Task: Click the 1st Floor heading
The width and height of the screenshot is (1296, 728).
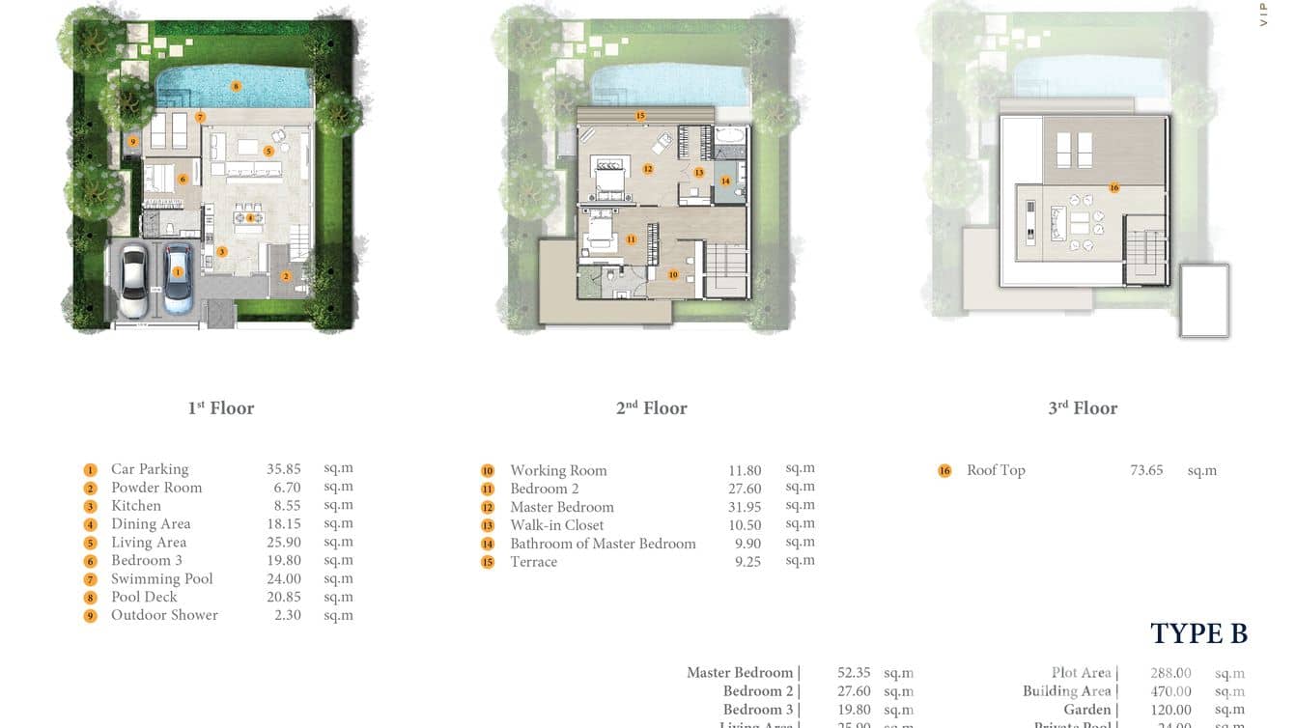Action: point(221,408)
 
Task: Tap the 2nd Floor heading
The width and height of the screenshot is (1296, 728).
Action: point(652,408)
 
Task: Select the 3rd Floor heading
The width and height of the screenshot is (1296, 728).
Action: point(1083,408)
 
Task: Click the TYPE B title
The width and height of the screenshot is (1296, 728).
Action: point(1198,633)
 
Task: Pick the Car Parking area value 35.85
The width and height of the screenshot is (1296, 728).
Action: point(284,469)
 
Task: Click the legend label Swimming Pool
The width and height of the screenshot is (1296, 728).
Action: point(161,578)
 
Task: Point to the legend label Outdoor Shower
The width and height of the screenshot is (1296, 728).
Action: point(164,615)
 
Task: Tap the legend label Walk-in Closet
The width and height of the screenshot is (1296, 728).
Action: point(557,525)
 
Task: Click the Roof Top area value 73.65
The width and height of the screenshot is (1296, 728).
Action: point(1146,470)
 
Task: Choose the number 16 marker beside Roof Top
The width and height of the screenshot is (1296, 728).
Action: point(944,471)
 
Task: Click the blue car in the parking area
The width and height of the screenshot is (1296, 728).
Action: point(178,276)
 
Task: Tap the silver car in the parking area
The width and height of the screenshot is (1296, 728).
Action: point(133,280)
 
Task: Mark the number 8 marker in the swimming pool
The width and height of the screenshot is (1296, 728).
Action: point(236,86)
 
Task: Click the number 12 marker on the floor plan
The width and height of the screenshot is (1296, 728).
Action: point(648,169)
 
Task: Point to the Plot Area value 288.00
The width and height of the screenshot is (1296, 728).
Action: point(1170,673)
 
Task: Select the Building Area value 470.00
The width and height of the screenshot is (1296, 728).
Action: point(1170,691)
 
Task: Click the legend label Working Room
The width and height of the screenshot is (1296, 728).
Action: point(558,470)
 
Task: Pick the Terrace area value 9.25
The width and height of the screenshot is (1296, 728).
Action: point(747,561)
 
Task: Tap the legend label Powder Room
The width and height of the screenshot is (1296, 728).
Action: point(156,488)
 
